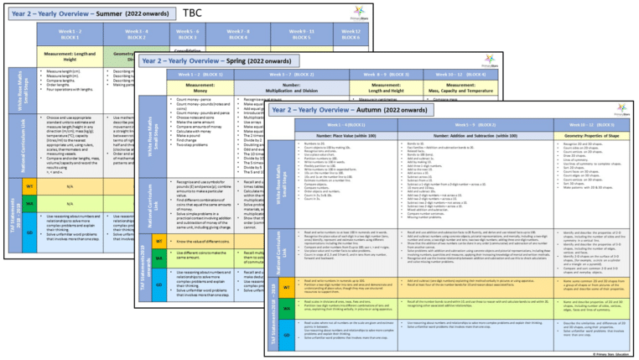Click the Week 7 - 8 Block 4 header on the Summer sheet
point(238,34)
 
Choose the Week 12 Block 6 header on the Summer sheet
point(352,34)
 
